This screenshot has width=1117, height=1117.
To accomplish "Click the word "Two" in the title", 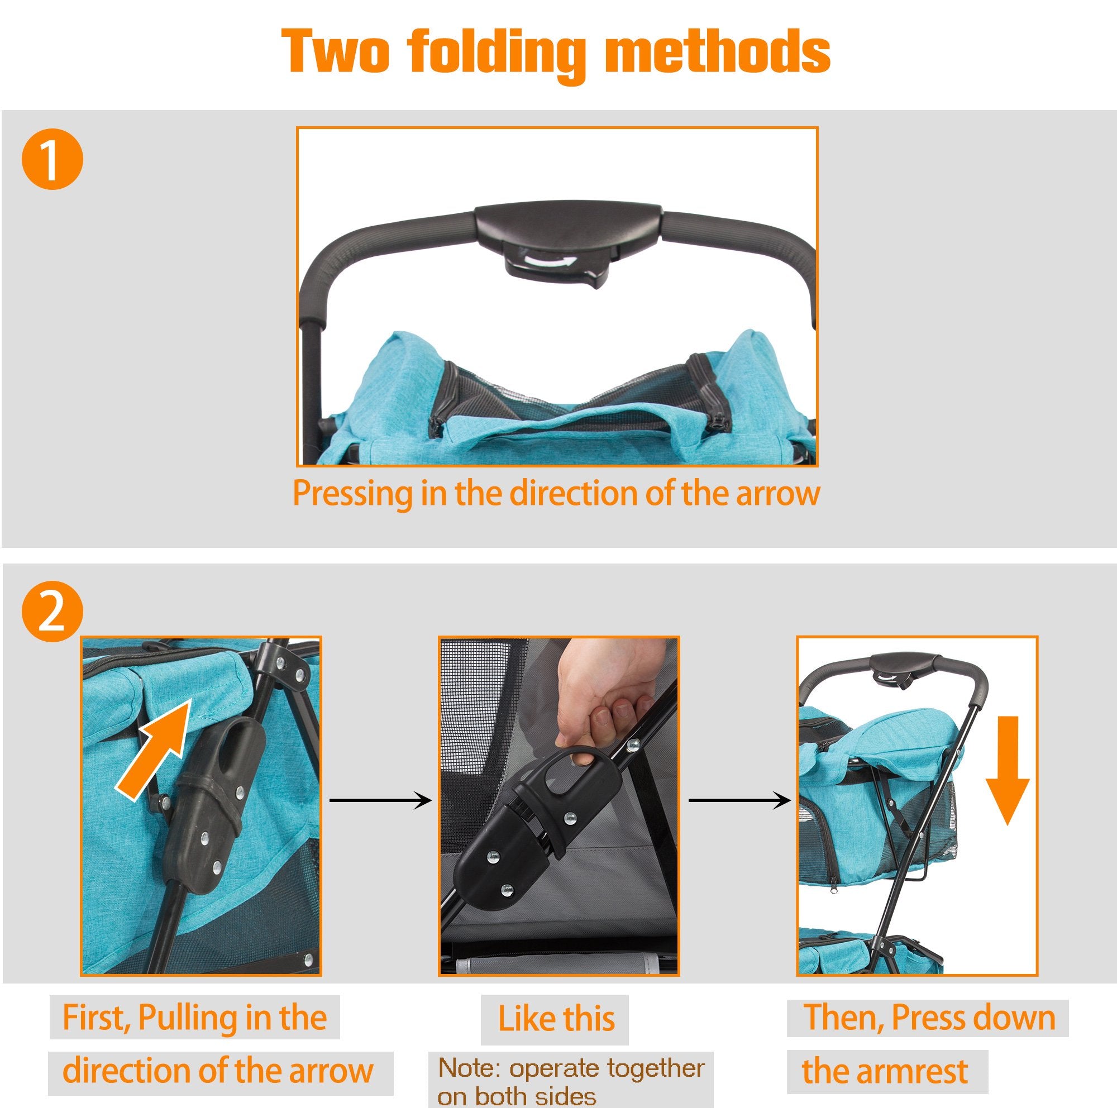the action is click(x=335, y=51).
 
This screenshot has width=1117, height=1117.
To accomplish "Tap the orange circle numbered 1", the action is click(x=52, y=159).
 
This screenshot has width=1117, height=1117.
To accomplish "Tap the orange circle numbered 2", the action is click(x=52, y=611).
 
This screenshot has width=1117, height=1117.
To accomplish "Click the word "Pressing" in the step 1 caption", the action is click(x=352, y=494).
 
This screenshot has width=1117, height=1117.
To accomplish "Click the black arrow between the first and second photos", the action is click(x=380, y=801).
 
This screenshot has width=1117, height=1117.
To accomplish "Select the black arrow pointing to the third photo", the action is click(x=740, y=801).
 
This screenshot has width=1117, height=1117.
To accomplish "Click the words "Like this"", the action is click(x=556, y=1019).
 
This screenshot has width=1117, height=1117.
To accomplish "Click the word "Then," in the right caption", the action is click(x=843, y=1018).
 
